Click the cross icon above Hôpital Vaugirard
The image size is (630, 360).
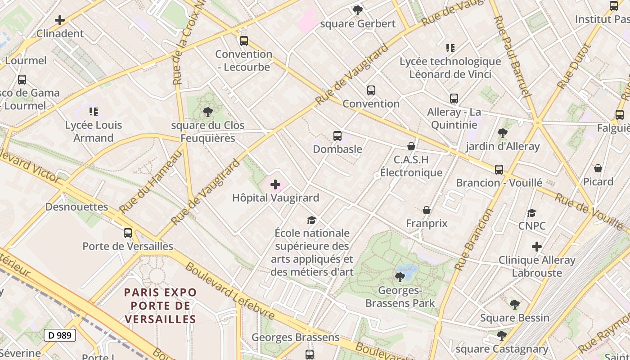275,184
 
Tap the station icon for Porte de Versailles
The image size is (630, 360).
128,233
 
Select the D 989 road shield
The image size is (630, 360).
60,335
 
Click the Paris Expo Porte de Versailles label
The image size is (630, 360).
161,306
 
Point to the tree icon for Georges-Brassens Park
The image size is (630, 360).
400,277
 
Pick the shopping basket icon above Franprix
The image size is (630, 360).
427,210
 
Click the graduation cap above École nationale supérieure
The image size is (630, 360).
311,220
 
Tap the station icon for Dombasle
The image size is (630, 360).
337,136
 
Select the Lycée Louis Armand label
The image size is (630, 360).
94,131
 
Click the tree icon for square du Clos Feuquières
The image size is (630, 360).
207,112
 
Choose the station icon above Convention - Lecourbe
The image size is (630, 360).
243,41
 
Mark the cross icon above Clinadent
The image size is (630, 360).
59,20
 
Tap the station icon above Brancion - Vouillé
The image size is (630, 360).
499,170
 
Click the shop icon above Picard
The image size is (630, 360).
598,168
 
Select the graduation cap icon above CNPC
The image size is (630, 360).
532,213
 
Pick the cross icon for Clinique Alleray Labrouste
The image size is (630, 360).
536,247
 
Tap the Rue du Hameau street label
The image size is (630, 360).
151,181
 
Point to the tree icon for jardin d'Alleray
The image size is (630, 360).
502,133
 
